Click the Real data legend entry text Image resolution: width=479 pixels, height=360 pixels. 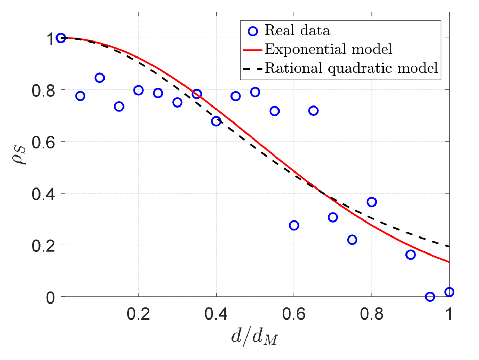click(x=297, y=31)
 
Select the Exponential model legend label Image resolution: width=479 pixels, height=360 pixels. click(x=328, y=49)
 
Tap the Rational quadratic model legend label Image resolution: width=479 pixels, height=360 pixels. click(x=351, y=68)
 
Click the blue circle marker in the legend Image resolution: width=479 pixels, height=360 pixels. click(x=253, y=31)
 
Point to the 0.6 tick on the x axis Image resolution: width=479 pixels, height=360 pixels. click(x=294, y=314)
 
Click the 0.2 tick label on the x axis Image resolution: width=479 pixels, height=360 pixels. click(x=138, y=314)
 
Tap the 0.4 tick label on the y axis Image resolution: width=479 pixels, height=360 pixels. click(x=43, y=194)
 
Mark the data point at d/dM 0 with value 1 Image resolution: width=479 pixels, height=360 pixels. click(x=61, y=38)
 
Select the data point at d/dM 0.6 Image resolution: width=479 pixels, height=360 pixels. click(x=294, y=225)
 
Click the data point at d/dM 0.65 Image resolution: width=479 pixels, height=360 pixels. click(x=313, y=111)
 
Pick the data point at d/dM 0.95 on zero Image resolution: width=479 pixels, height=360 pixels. click(x=430, y=297)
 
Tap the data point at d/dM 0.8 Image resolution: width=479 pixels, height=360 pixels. click(x=371, y=202)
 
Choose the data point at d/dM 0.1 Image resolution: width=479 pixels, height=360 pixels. click(x=99, y=78)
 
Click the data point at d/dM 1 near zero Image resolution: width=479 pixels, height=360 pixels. click(x=449, y=292)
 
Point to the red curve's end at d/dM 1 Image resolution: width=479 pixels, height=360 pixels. click(x=449, y=262)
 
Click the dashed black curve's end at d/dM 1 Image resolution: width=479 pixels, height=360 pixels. click(x=449, y=246)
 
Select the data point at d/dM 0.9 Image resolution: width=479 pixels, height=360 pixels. click(x=411, y=255)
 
